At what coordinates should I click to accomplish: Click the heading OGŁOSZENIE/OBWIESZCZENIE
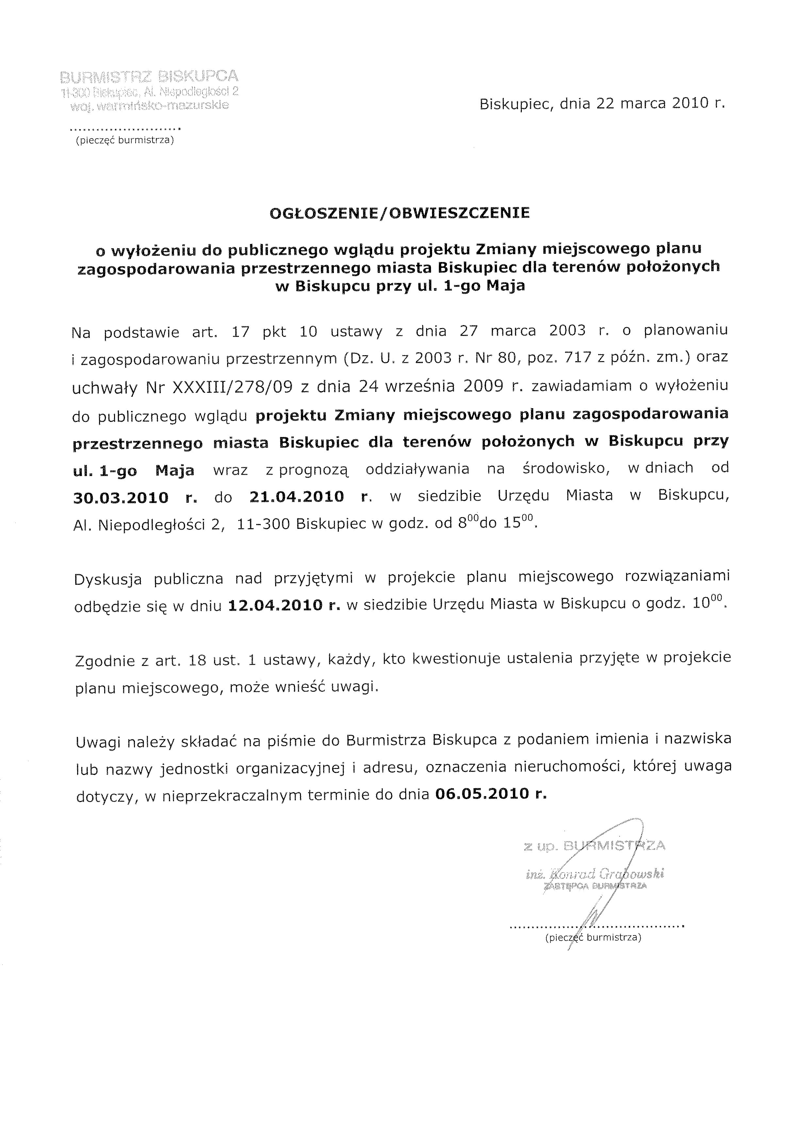point(400,213)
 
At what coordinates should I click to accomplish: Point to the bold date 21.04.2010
point(296,496)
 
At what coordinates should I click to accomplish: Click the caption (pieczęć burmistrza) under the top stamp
point(124,141)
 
